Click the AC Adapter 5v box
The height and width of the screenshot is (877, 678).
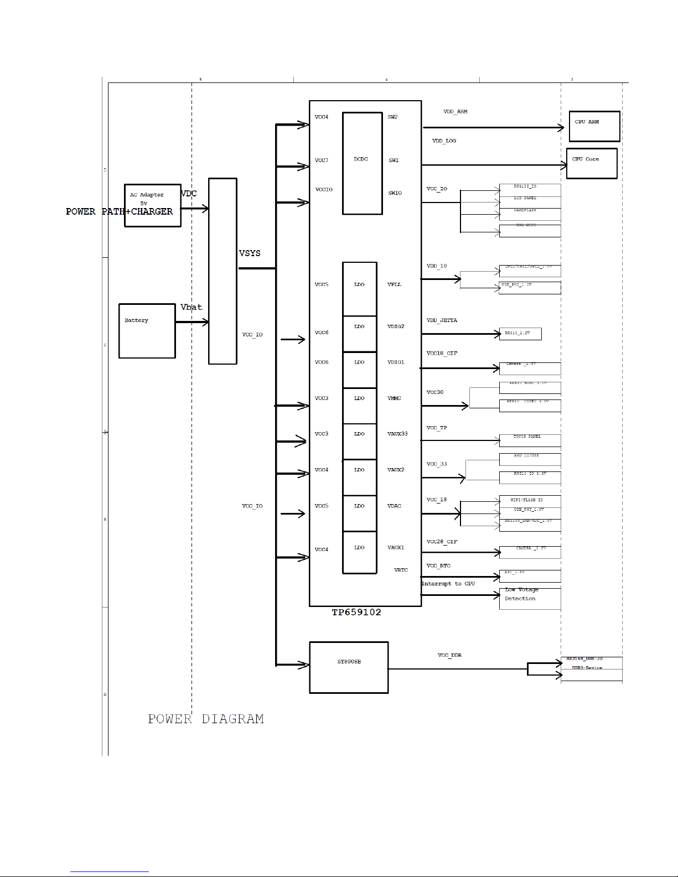coord(152,205)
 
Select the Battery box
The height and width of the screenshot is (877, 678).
coord(147,330)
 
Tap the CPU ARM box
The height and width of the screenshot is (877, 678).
coord(594,126)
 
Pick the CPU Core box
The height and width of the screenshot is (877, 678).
coord(591,163)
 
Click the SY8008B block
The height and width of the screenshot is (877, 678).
coord(349,667)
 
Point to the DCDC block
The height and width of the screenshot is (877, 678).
coord(362,163)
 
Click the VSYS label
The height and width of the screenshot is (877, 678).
coord(250,253)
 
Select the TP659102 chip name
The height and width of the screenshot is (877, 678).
coord(356,613)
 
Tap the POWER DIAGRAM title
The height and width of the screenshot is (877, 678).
coord(206,719)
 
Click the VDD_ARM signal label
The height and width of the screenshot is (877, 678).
coord(455,112)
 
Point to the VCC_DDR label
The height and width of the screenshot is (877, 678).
coord(449,655)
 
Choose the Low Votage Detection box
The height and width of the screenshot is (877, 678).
coord(530,598)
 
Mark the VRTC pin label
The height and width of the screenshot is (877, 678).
coord(401,570)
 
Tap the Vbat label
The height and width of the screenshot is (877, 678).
coord(191,307)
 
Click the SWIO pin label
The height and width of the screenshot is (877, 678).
coord(395,193)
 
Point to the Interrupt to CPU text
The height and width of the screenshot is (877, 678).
coord(448,584)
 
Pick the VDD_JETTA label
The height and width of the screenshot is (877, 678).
coord(442,320)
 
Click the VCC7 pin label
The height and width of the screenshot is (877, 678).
coord(321,160)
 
